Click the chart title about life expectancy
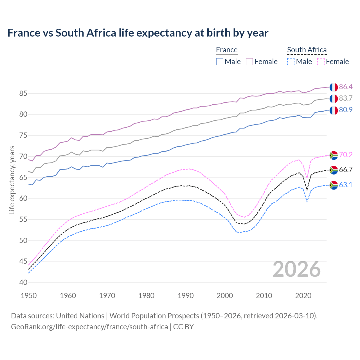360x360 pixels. (138, 33)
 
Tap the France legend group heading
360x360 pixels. (227, 50)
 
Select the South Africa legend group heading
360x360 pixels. (307, 50)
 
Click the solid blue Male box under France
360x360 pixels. (220, 62)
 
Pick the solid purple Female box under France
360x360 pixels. (249, 62)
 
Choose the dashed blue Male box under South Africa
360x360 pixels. (291, 62)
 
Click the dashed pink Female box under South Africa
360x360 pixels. (321, 62)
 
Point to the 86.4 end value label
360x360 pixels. (346, 87)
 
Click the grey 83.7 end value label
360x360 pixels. (346, 98)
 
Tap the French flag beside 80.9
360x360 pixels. (334, 110)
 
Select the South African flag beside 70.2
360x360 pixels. (334, 155)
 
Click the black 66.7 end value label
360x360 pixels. (346, 170)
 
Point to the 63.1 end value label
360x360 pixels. (346, 185)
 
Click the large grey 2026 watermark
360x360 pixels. (297, 269)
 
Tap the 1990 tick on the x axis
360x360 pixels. (186, 296)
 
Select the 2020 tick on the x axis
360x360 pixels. (303, 296)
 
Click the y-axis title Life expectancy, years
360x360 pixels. (12, 180)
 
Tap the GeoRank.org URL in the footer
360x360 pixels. (89, 327)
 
